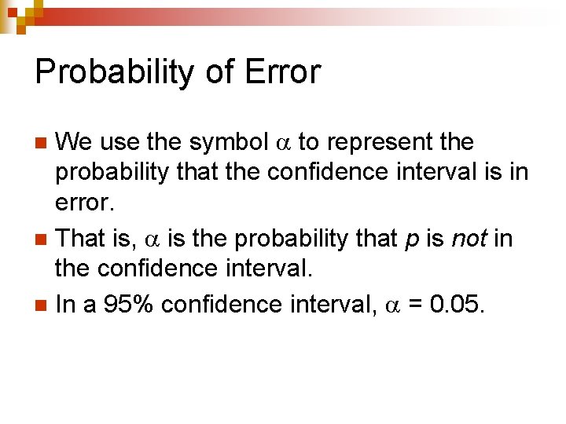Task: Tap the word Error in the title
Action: click(x=283, y=72)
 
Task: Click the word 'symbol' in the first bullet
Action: click(x=229, y=143)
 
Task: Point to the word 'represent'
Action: click(x=377, y=144)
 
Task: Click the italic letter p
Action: click(x=411, y=239)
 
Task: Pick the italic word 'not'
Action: click(x=470, y=238)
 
